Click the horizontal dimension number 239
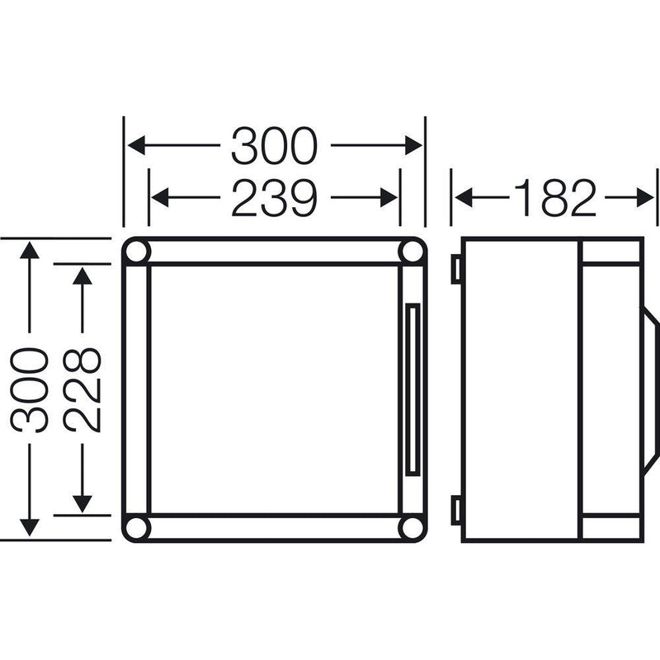coord(274,197)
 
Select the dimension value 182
coord(555,197)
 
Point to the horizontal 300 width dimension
coord(274,146)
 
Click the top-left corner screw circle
coord(137,252)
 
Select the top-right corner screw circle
coord(412,252)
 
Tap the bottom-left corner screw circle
coord(137,528)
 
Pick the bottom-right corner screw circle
coord(412,528)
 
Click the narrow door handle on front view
coord(413,389)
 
